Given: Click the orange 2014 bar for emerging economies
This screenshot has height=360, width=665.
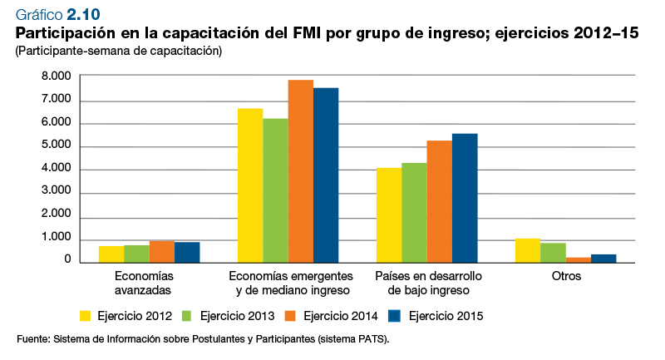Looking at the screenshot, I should tap(301, 171).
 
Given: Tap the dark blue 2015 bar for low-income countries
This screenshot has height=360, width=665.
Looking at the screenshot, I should tap(465, 198).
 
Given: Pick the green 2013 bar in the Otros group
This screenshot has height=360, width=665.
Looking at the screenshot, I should tap(553, 253).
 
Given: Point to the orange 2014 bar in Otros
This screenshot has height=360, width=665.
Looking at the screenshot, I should tap(578, 260).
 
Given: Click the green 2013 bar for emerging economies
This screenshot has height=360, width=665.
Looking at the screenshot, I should tap(276, 190).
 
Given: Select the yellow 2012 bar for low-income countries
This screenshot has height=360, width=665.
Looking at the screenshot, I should tap(389, 215).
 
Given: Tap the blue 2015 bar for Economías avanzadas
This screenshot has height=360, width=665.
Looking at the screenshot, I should tap(187, 253).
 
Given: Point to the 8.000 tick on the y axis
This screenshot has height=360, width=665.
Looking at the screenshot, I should tap(57, 76).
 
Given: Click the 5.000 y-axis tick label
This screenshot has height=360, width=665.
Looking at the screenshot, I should tap(57, 146).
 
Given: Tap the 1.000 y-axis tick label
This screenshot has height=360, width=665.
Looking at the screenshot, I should tap(57, 239).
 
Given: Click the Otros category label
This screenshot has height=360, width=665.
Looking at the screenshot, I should tap(566, 276).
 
